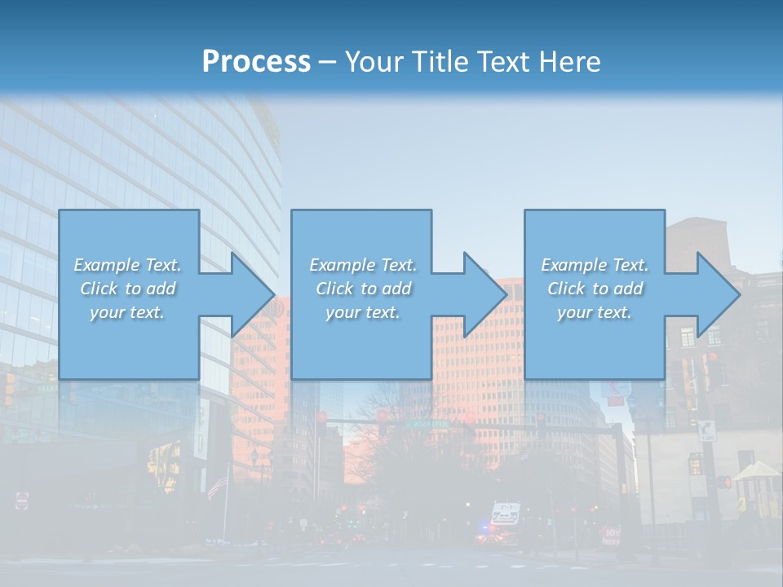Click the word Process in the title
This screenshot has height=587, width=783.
coord(256,62)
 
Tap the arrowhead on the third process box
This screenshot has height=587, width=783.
coord(717,294)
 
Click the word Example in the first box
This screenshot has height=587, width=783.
coord(106,265)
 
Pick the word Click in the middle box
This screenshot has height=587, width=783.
coord(334,289)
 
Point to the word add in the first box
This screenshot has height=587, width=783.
coord(161,289)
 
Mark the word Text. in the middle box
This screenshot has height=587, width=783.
coord(396,265)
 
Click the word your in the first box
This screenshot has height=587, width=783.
coord(106,312)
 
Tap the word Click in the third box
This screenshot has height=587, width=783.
coord(565,289)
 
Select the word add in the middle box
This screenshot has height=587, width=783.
coord(396,289)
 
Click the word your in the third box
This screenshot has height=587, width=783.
coord(573,312)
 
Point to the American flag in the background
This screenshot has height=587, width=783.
coord(216,486)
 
